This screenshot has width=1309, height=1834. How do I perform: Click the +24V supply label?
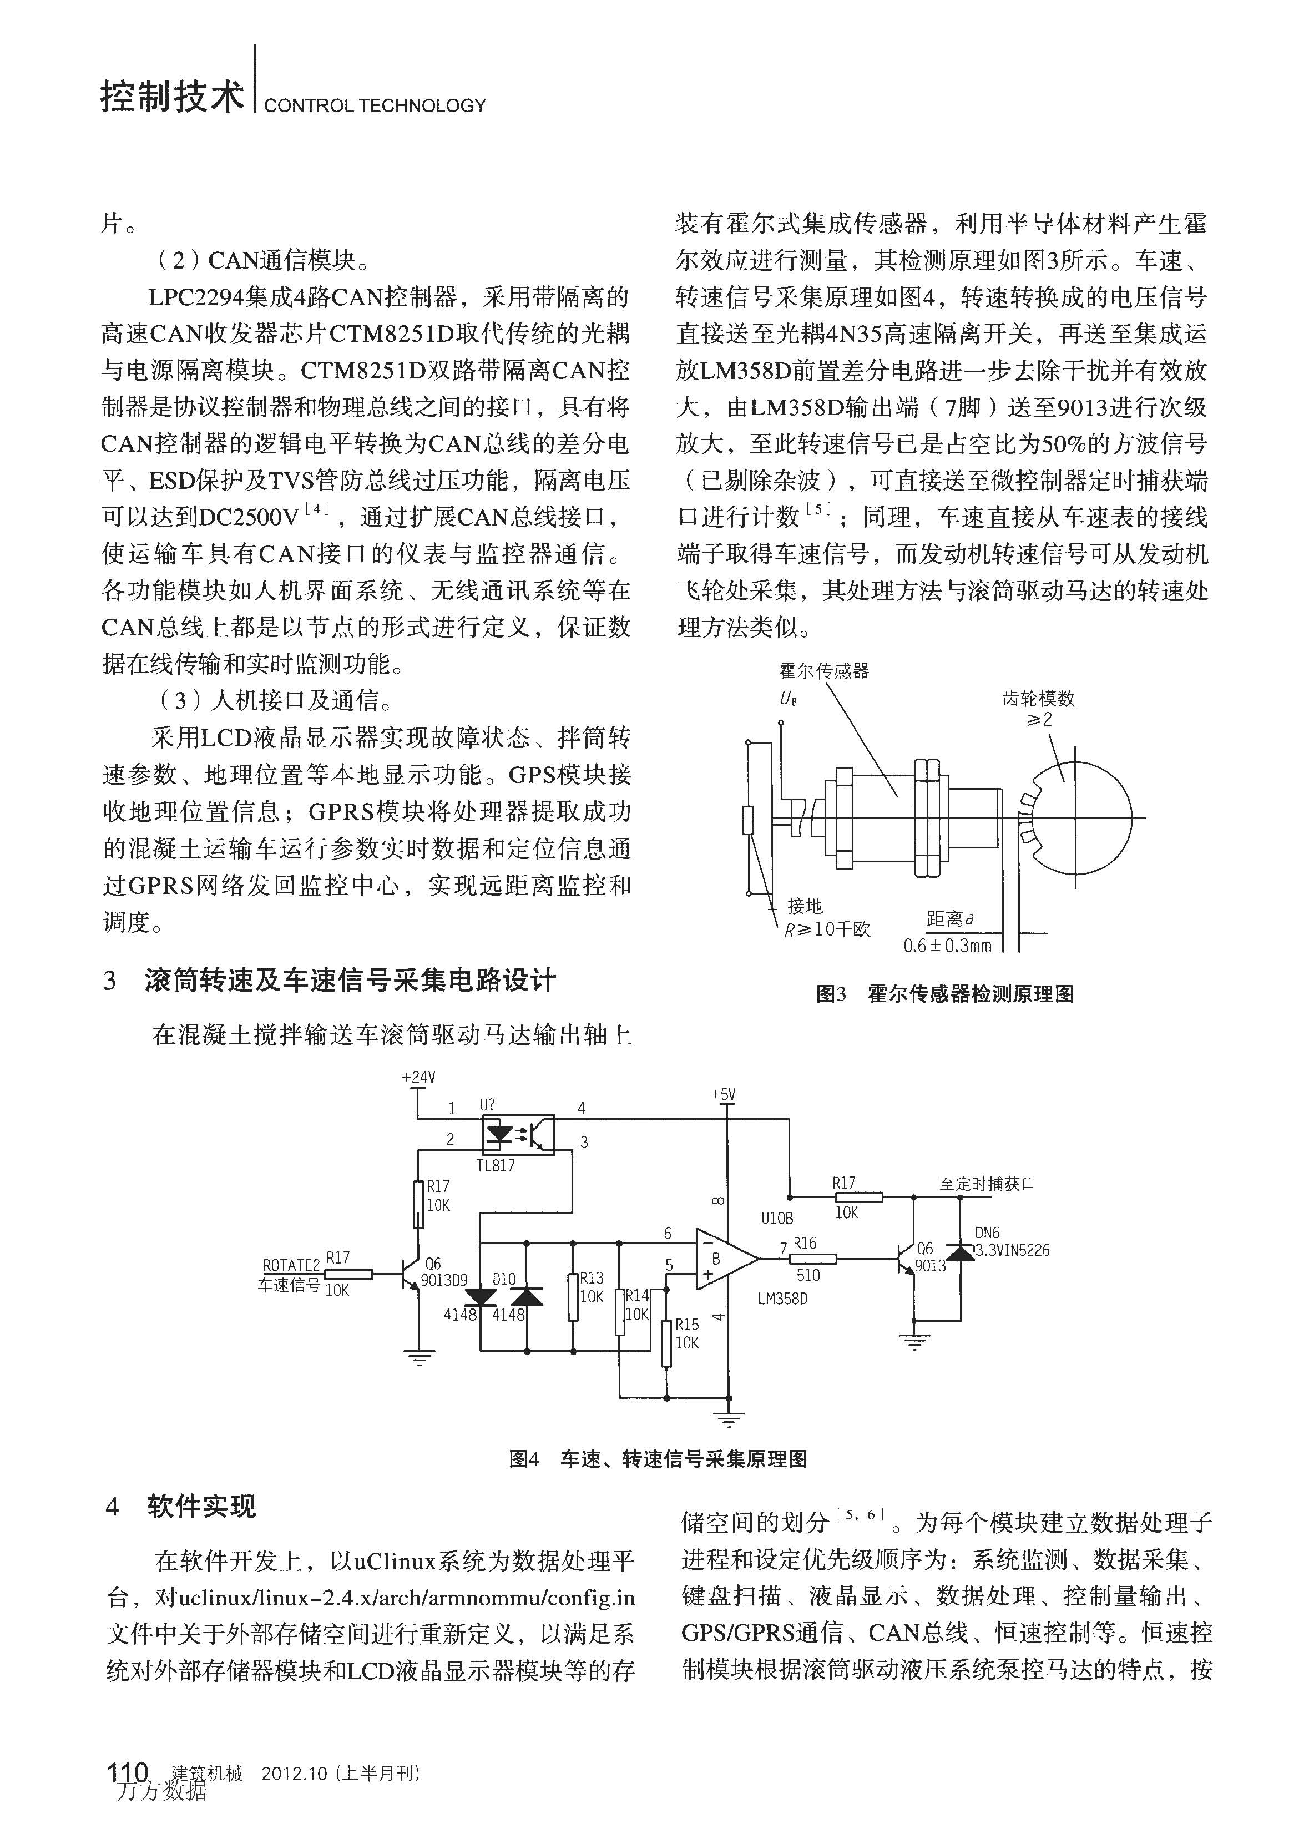(x=418, y=1077)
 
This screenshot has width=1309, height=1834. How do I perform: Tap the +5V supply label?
(x=723, y=1095)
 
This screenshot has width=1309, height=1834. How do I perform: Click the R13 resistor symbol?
(x=573, y=1297)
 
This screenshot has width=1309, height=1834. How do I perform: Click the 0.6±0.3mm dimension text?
(x=947, y=946)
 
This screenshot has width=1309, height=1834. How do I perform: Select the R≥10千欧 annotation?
(x=828, y=929)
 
